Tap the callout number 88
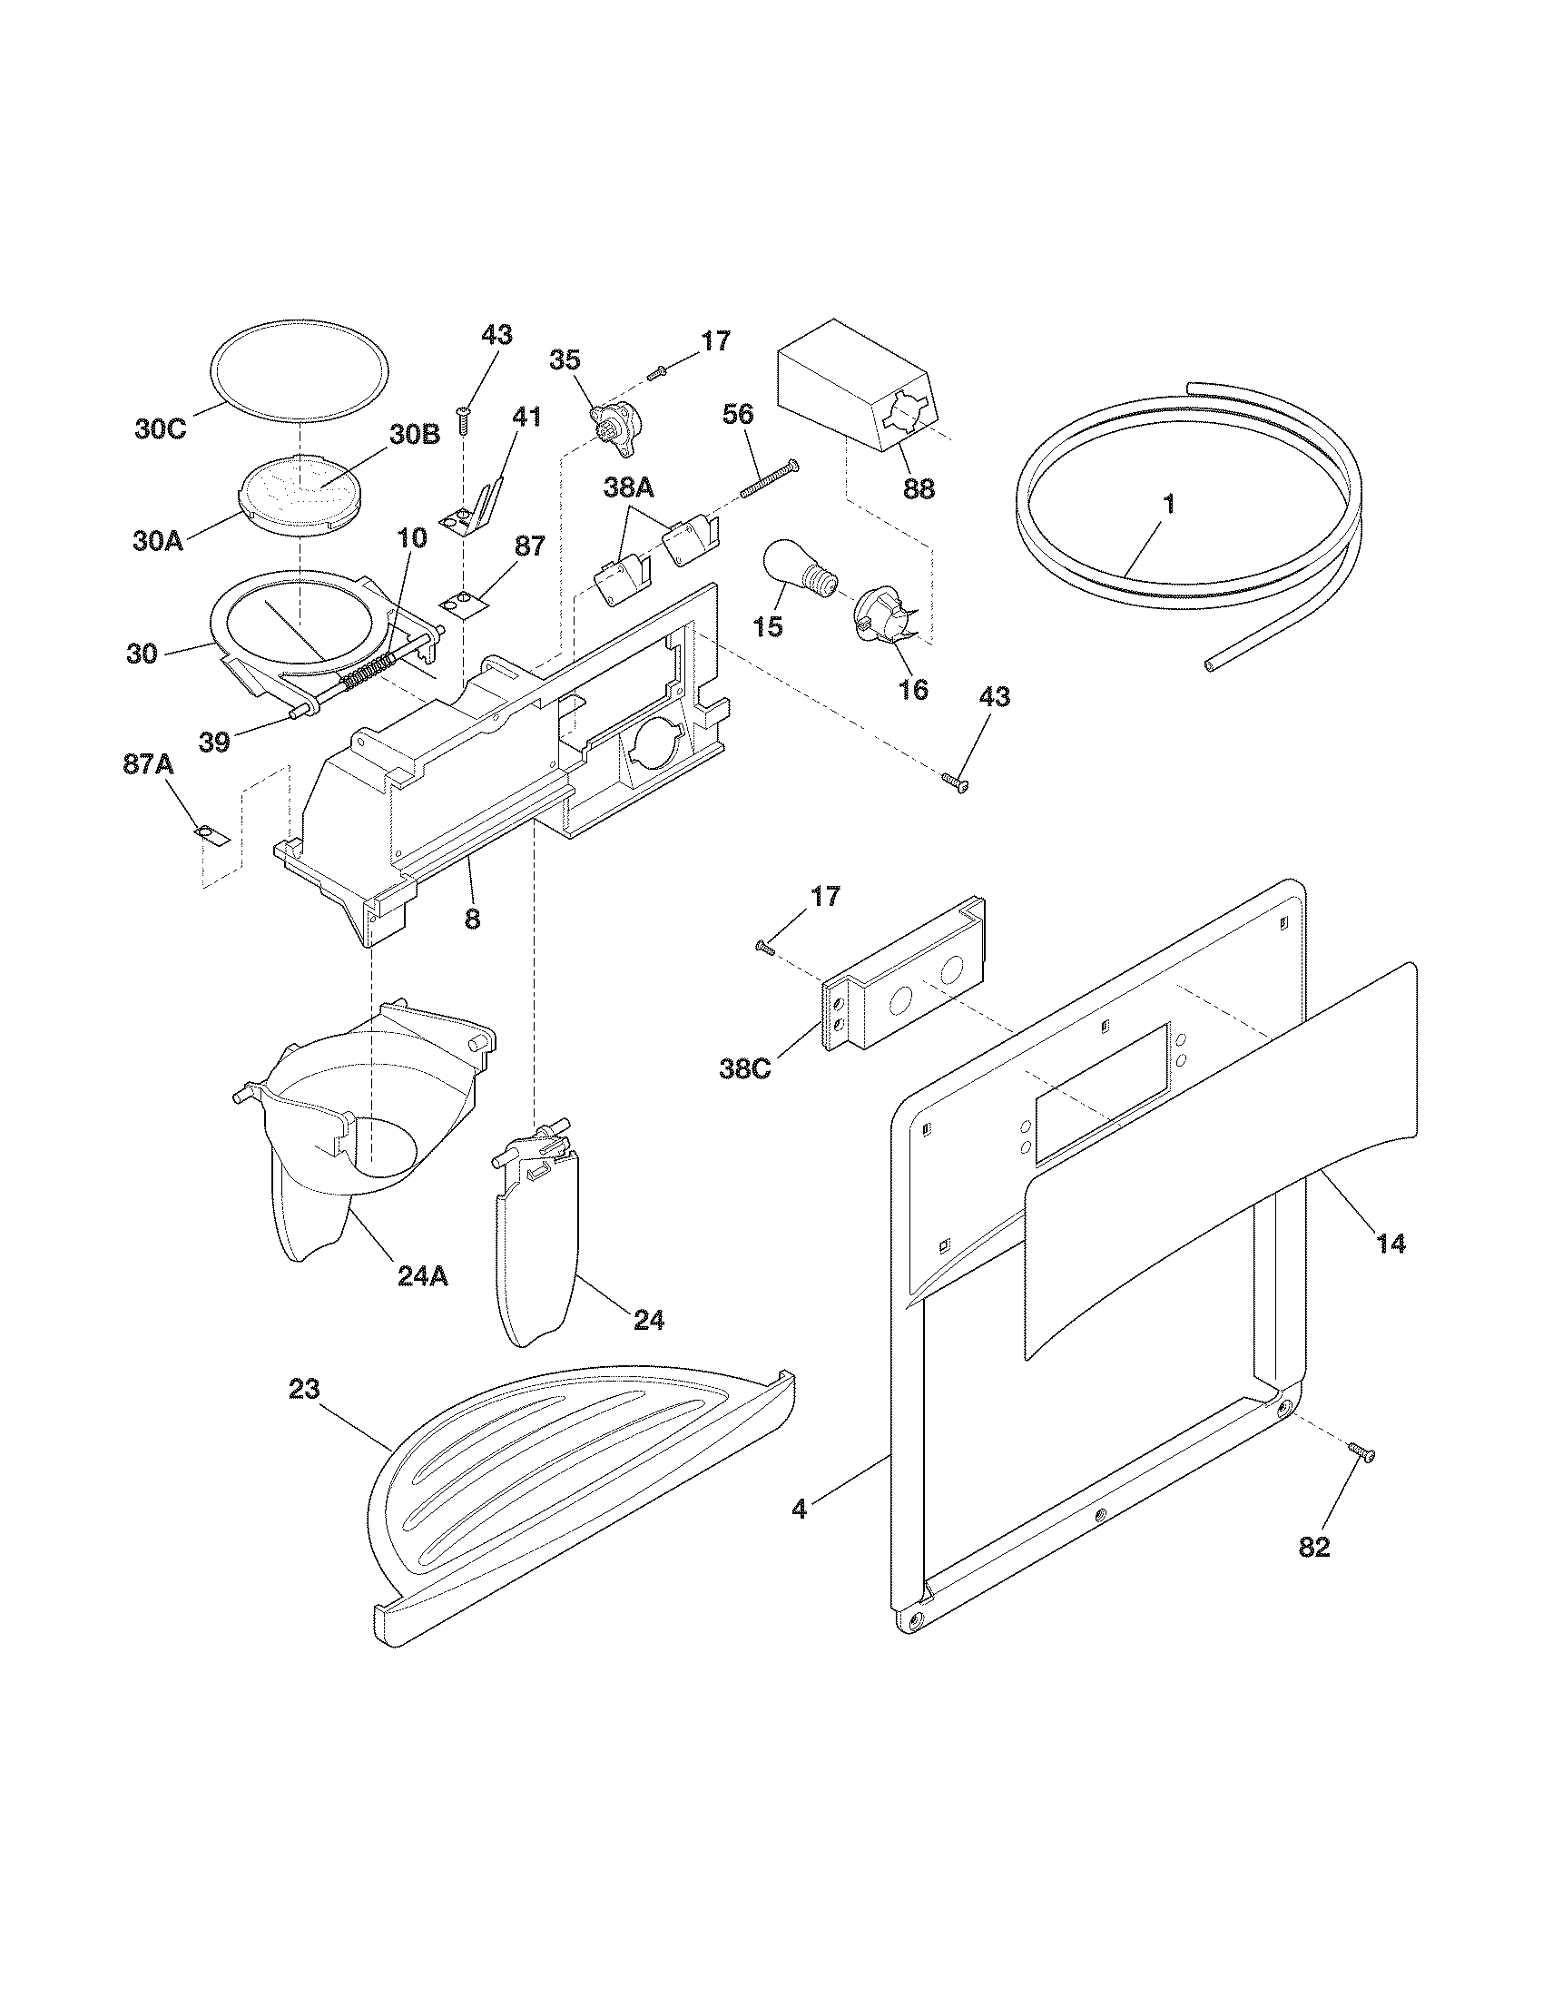coord(919,489)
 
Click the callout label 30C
coord(160,429)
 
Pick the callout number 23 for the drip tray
coord(304,1390)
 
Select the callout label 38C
coord(744,1067)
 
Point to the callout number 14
coord(1391,1244)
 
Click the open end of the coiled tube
coord(1212,666)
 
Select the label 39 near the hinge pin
coord(215,742)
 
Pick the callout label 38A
coord(629,489)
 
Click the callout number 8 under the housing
coord(472,918)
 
